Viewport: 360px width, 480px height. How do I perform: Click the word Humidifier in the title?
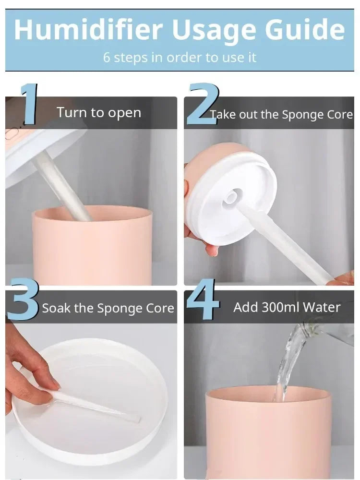88,29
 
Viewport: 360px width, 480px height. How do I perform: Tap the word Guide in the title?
305,29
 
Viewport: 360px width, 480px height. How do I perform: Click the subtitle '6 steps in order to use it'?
180,57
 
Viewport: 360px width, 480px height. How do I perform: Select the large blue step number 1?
29,104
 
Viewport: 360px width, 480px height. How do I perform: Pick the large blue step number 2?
203,104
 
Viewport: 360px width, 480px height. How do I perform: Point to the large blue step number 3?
23,299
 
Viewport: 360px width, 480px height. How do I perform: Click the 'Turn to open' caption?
99,113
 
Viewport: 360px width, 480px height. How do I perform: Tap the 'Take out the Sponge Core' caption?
282,115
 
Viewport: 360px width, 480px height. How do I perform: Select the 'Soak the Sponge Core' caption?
108,308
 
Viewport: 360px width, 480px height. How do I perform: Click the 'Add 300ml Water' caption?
287,307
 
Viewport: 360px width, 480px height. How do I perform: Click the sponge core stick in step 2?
285,242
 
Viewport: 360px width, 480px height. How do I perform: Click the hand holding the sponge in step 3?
29,371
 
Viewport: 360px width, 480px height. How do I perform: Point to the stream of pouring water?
289,361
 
